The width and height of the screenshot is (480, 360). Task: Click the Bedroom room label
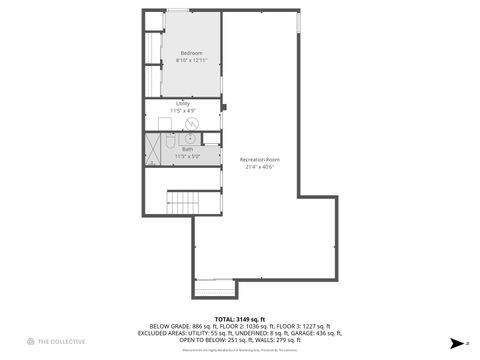pyautogui.click(x=191, y=53)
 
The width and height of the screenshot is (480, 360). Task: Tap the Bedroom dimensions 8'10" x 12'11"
pyautogui.click(x=191, y=61)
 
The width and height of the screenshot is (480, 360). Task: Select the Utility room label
pyautogui.click(x=183, y=102)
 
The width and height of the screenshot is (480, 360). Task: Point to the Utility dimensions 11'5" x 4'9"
pyautogui.click(x=183, y=109)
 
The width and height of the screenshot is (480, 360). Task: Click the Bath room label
pyautogui.click(x=188, y=149)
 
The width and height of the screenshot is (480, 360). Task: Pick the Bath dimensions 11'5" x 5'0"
pyautogui.click(x=188, y=156)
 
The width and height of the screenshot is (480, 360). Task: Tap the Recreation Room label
pyautogui.click(x=259, y=160)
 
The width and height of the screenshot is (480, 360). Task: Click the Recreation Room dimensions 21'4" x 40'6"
pyautogui.click(x=259, y=167)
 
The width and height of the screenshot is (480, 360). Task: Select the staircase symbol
pyautogui.click(x=183, y=203)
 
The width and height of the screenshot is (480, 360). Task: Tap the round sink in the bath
pyautogui.click(x=189, y=139)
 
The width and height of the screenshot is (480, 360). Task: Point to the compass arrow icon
pyautogui.click(x=455, y=342)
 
